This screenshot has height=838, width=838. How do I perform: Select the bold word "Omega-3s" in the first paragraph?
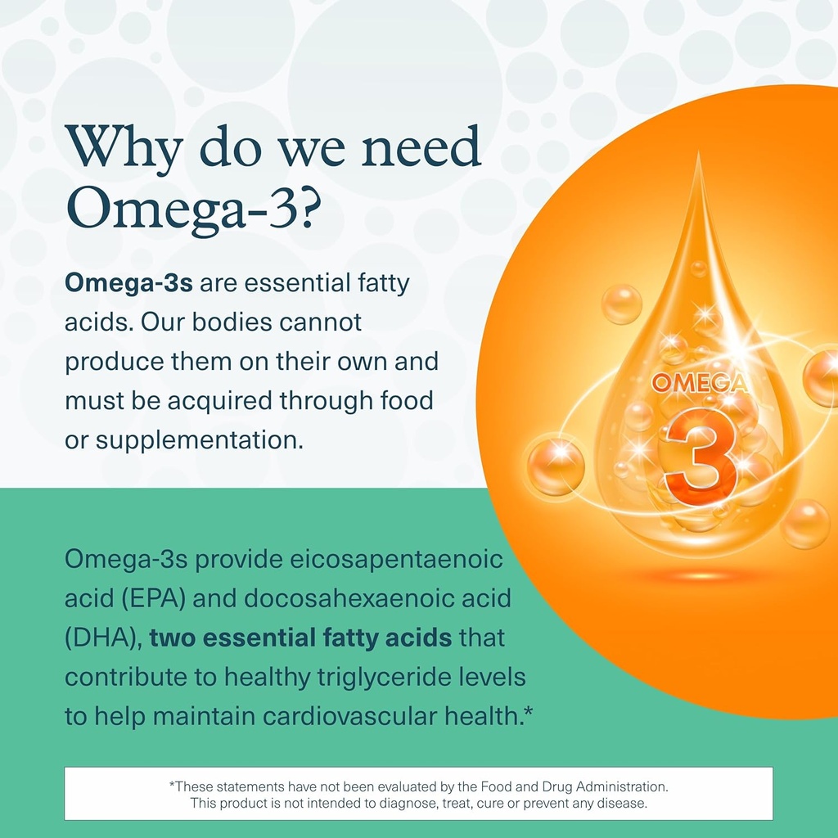coord(128,284)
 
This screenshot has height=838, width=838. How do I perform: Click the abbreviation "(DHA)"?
coord(104,638)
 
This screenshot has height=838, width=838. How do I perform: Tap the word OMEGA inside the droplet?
coord(699,383)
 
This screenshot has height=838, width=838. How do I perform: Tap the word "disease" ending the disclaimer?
coord(624,804)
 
